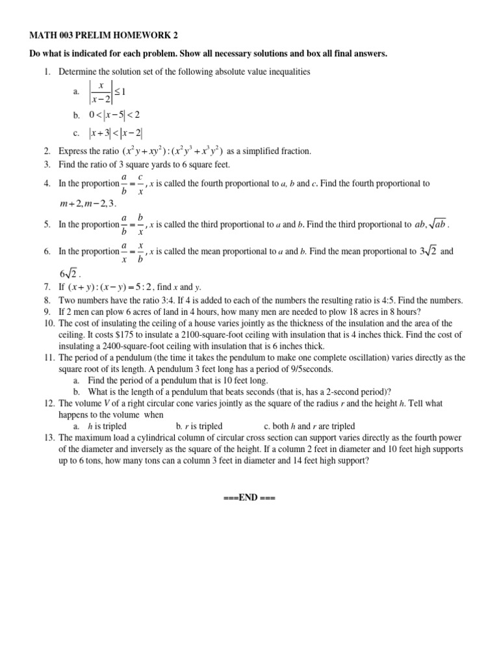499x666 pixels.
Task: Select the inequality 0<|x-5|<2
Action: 115,115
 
